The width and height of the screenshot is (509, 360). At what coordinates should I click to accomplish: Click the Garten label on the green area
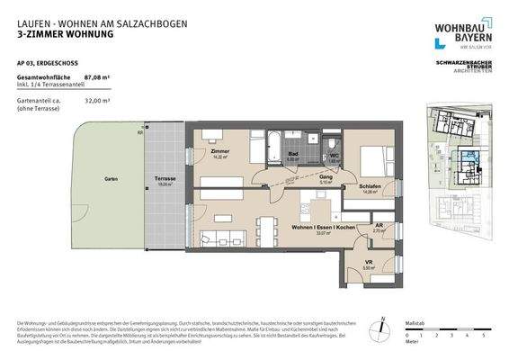pyautogui.click(x=112, y=179)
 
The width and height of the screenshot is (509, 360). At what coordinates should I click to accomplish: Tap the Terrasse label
pyautogui.click(x=165, y=178)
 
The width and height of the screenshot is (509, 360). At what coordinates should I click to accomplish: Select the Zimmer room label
pyautogui.click(x=221, y=152)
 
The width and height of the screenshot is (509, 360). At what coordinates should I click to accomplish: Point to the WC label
pyautogui.click(x=333, y=154)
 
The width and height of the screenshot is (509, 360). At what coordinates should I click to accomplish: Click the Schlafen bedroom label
pyautogui.click(x=371, y=187)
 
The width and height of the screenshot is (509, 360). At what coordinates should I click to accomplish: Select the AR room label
pyautogui.click(x=380, y=226)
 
